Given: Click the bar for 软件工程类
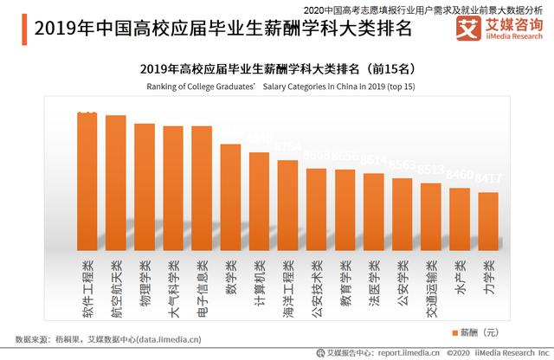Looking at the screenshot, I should click(87, 182).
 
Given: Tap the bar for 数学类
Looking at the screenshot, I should click(230, 198).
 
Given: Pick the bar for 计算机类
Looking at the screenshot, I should click(259, 202).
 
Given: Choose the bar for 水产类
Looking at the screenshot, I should click(460, 220).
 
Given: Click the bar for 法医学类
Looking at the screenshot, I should click(374, 213).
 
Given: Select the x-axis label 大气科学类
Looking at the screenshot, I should click(173, 286).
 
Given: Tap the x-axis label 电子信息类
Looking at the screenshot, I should click(202, 286).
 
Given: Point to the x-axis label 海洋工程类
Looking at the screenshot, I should click(288, 286).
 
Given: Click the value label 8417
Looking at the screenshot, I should click(489, 179).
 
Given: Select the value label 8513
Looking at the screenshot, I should click(432, 170).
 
